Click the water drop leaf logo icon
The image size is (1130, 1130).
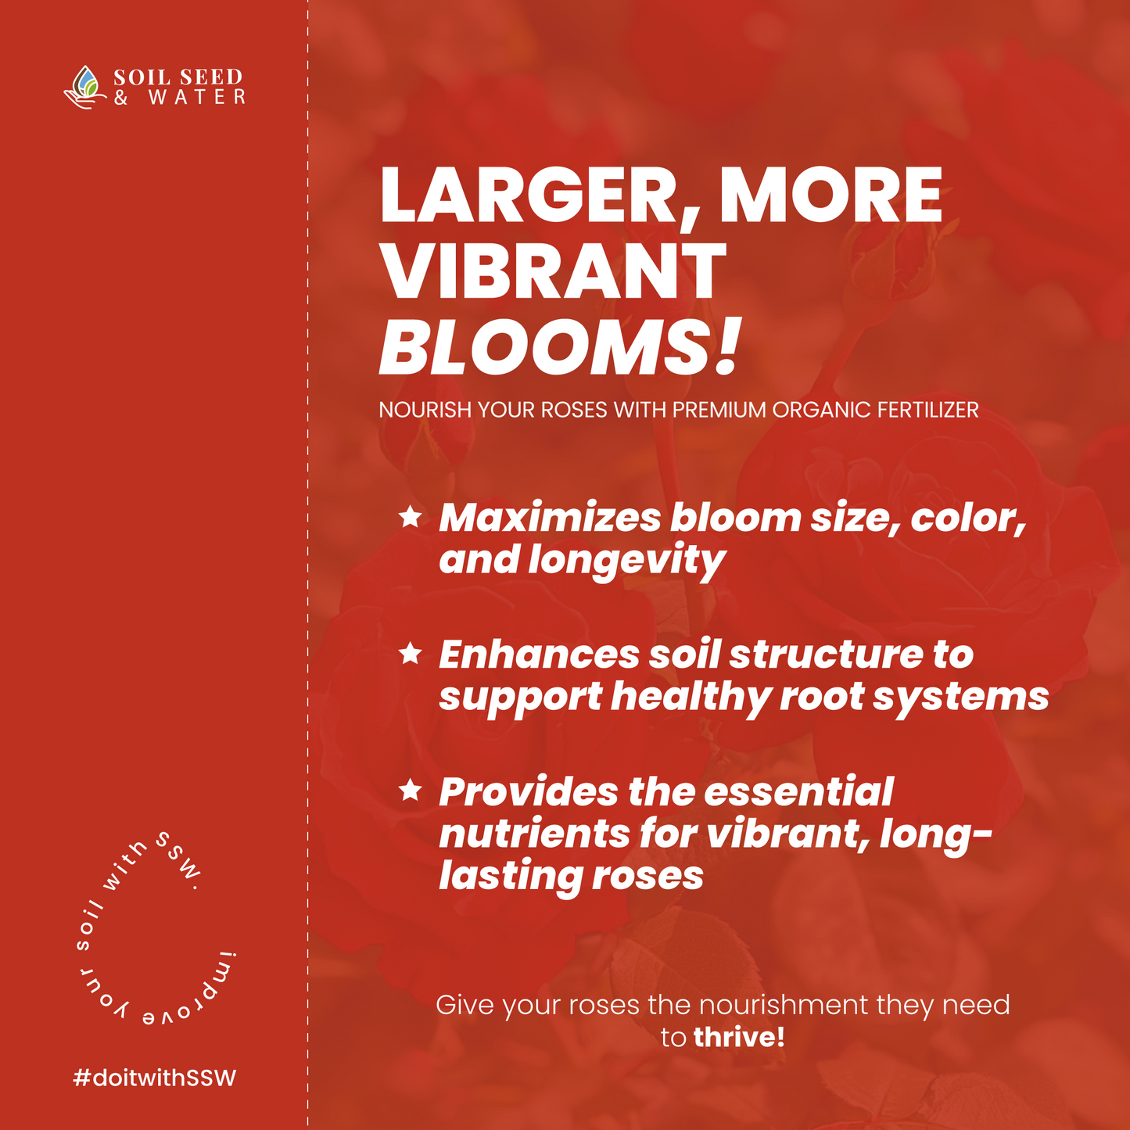(x=85, y=86)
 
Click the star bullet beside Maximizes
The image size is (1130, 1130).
(x=411, y=517)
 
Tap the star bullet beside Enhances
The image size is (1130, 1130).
(x=411, y=653)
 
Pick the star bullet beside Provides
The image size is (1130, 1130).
(x=411, y=791)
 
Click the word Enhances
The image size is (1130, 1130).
(x=539, y=655)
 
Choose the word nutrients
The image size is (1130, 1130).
(x=534, y=834)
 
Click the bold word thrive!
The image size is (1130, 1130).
(x=739, y=1037)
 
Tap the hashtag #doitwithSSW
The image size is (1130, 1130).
(x=154, y=1078)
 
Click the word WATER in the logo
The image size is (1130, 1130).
(x=197, y=97)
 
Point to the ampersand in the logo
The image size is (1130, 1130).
(x=121, y=98)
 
